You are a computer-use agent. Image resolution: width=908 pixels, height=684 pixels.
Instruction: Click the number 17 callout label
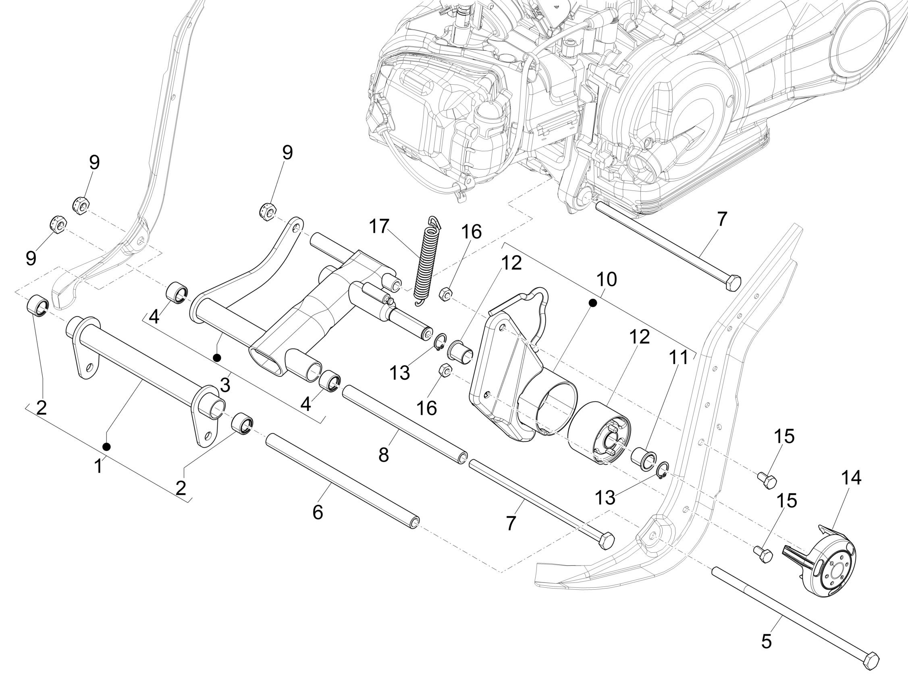point(379,226)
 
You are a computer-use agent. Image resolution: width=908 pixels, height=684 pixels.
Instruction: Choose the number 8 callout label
point(383,456)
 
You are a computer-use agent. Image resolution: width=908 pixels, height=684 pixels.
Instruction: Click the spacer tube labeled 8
point(405,424)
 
